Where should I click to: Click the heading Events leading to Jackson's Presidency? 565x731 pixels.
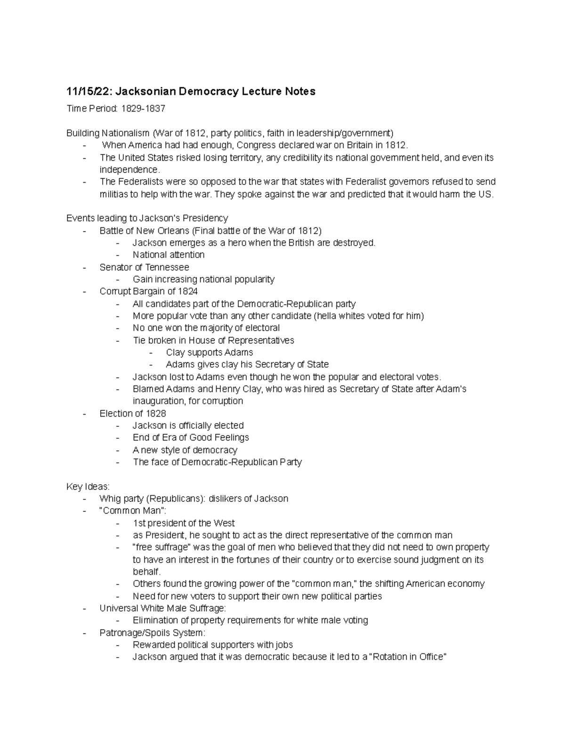click(147, 218)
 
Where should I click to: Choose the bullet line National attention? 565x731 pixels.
click(169, 255)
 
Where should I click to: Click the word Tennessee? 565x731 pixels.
click(167, 267)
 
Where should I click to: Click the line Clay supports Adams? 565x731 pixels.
click(210, 353)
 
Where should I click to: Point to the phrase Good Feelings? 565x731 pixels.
click(219, 437)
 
